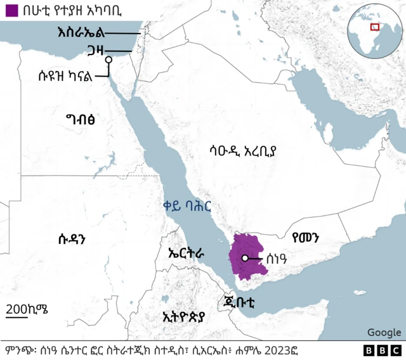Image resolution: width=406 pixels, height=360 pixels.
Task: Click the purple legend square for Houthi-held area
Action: point(10,10)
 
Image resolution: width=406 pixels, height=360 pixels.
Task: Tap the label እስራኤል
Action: point(79,32)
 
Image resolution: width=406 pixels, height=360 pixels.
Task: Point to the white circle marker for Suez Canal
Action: point(108,60)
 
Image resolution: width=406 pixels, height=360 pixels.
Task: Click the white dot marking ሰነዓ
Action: point(244,258)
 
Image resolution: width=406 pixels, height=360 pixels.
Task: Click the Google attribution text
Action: point(384,332)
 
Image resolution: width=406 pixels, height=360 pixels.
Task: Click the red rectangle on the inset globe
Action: point(375,27)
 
